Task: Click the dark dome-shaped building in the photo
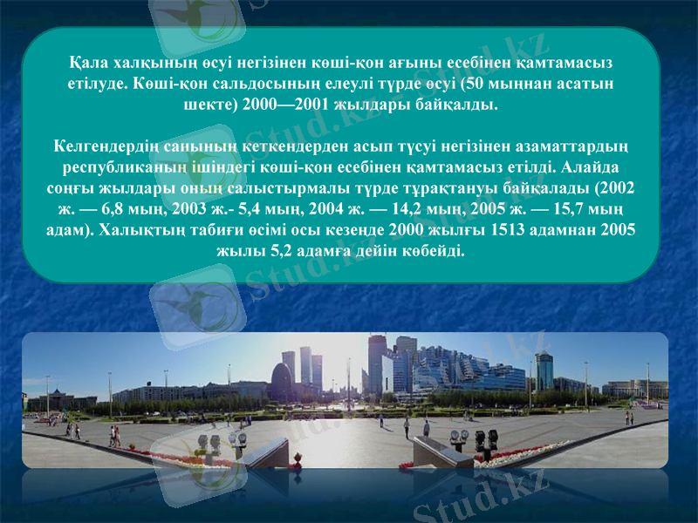click(x=282, y=384)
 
